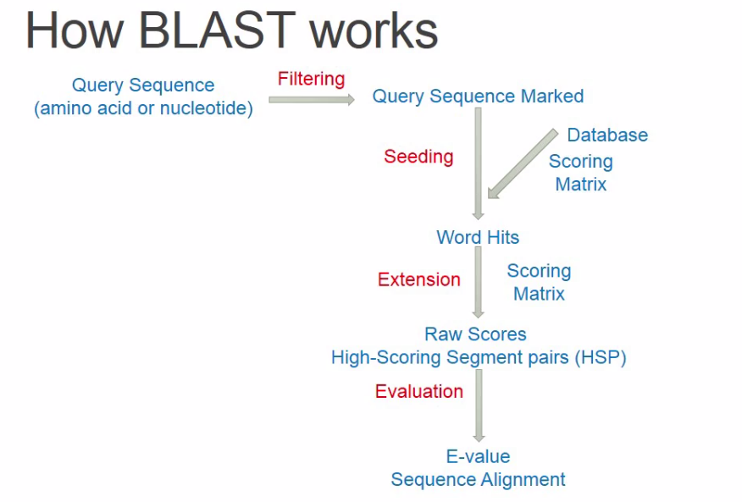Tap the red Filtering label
tap(311, 79)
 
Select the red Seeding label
tap(418, 157)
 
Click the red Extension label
tap(419, 279)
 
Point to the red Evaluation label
tap(419, 391)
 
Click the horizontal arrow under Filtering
tap(312, 100)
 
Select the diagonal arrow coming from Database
tap(521, 164)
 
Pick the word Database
tap(607, 135)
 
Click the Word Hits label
tap(478, 237)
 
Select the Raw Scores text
tap(475, 334)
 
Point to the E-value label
tap(478, 457)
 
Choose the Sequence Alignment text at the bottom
tap(478, 480)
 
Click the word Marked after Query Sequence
tap(551, 97)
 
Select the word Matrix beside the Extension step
tap(539, 295)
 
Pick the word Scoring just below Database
tap(580, 162)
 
